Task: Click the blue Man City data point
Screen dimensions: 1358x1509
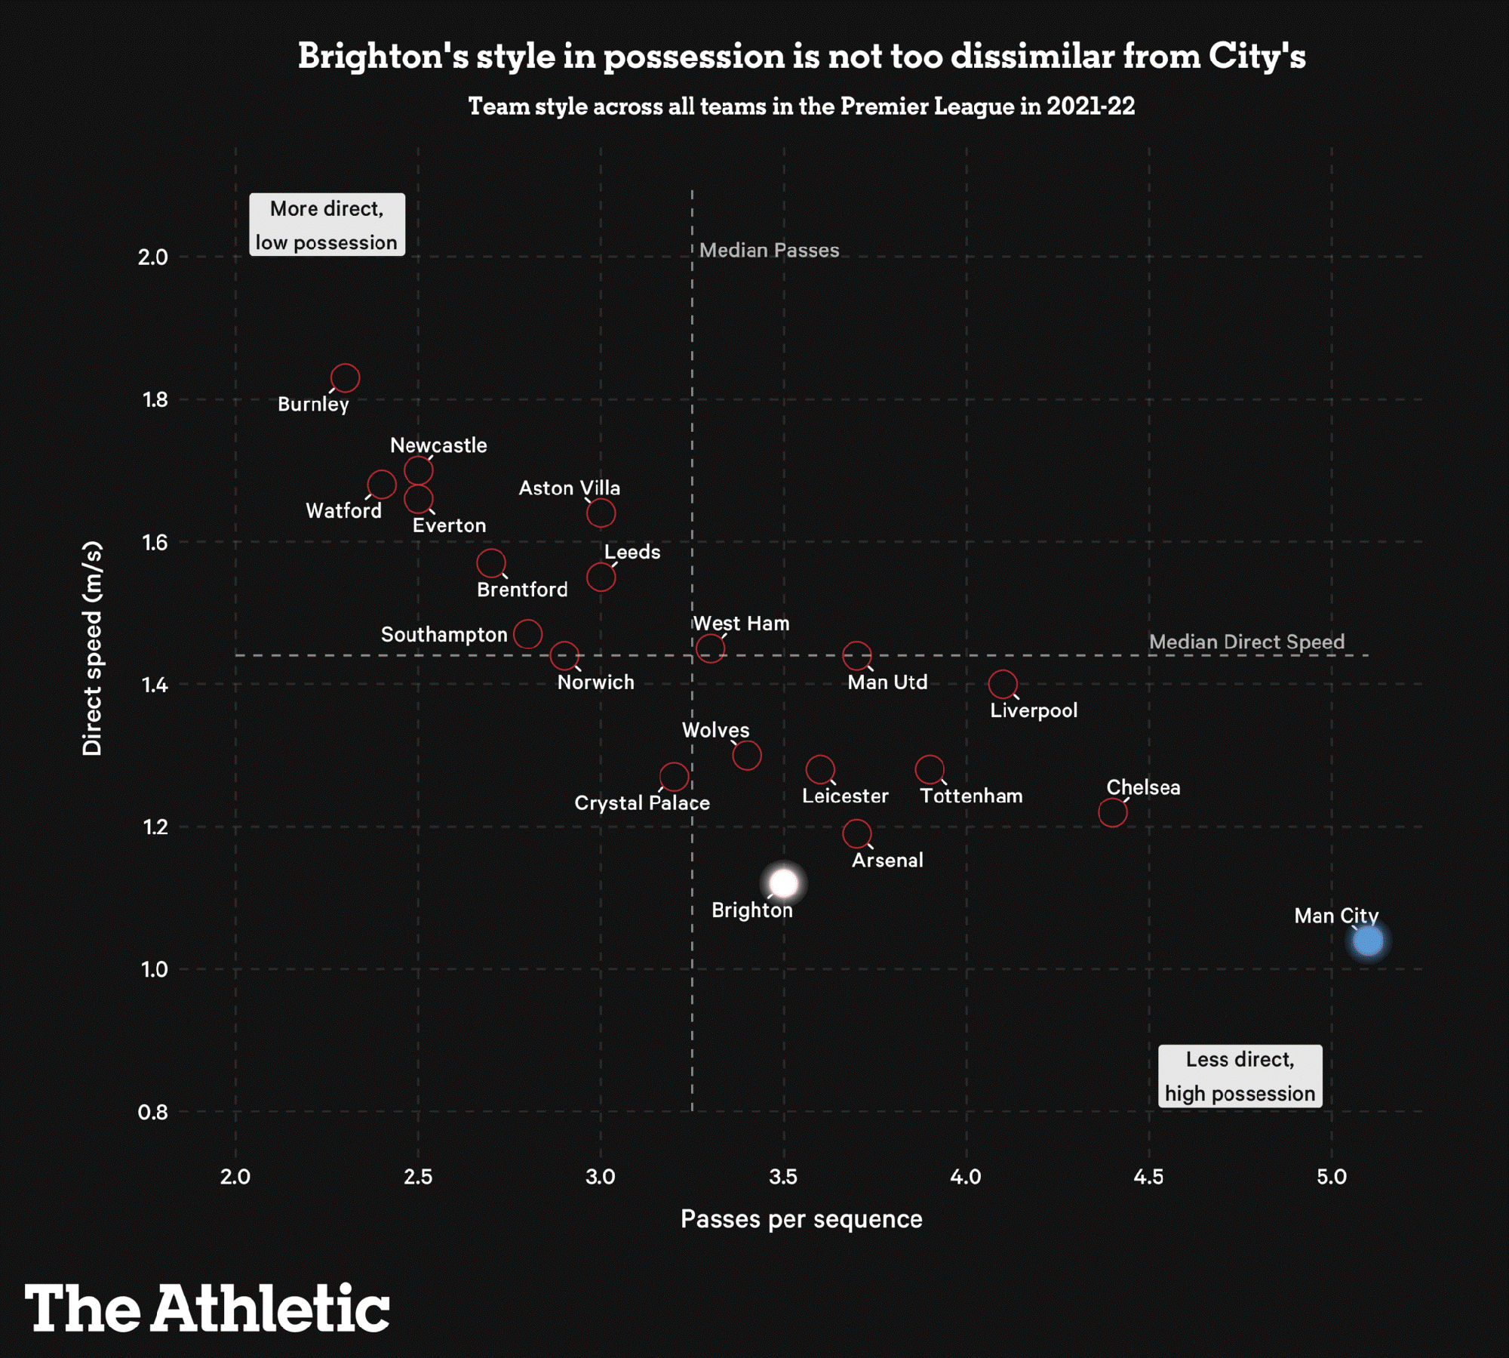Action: (x=1368, y=941)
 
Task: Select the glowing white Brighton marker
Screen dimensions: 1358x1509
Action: (x=784, y=882)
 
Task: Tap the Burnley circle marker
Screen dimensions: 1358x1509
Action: (x=346, y=377)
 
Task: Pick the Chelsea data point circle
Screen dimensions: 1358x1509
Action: (x=1113, y=812)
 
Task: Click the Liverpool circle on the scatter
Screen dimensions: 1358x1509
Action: (x=1003, y=684)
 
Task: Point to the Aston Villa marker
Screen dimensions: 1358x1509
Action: (x=601, y=513)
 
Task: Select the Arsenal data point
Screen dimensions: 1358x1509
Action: (x=857, y=833)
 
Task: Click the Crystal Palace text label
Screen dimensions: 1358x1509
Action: (x=642, y=802)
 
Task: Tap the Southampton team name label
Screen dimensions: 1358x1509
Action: (x=444, y=634)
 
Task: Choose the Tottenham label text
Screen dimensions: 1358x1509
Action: (x=971, y=796)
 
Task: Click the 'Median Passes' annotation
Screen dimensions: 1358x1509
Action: (x=769, y=250)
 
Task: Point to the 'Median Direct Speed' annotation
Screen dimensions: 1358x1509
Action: (x=1246, y=642)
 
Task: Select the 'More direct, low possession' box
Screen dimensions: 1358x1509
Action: (x=327, y=225)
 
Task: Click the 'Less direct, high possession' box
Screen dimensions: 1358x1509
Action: (x=1240, y=1076)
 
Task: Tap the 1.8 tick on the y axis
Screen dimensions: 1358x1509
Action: (x=155, y=399)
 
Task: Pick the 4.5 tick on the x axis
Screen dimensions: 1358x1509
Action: (x=1148, y=1176)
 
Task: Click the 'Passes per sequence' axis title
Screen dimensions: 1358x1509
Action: (x=801, y=1219)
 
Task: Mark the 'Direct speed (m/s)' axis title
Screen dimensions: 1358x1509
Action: (x=92, y=648)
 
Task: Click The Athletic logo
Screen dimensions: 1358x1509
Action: (x=207, y=1308)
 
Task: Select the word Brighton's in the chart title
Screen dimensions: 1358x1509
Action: (x=383, y=57)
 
